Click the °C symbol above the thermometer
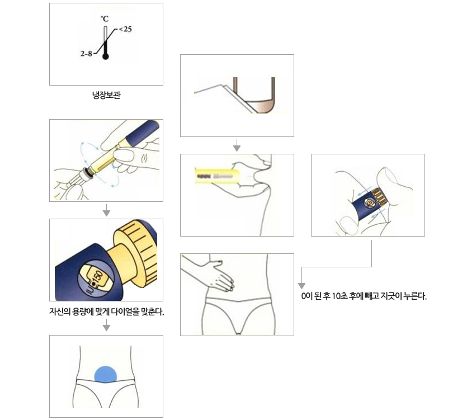coord(105,19)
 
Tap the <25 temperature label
coord(125,29)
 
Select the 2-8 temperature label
coord(86,54)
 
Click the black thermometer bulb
coord(106,56)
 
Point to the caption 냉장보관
coord(106,95)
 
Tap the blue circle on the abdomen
coord(106,375)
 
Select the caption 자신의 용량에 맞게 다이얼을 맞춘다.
coord(106,312)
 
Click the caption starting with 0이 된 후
coord(364,296)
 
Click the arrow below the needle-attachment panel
coord(106,210)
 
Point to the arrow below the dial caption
coord(106,325)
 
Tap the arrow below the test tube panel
coord(237,145)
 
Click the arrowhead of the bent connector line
coord(301,286)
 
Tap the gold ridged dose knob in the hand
coord(379,197)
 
